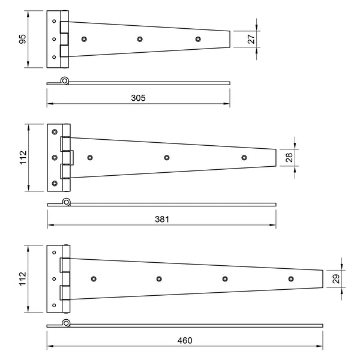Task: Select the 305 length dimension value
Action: click(138, 97)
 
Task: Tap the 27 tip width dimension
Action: click(251, 40)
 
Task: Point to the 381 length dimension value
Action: click(161, 220)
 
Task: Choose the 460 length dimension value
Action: click(185, 341)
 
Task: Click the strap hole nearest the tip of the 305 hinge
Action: click(198, 39)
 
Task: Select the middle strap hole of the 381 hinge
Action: click(167, 158)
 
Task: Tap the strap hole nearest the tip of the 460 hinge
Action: click(291, 279)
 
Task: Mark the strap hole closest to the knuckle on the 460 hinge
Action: click(94, 279)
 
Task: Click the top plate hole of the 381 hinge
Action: click(55, 132)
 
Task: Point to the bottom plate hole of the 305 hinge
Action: click(54, 58)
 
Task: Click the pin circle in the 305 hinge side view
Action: click(64, 81)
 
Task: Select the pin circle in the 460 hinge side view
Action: click(67, 324)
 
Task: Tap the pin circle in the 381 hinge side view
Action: click(67, 203)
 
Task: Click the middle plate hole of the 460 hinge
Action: click(54, 279)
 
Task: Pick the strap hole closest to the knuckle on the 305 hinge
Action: click(83, 39)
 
